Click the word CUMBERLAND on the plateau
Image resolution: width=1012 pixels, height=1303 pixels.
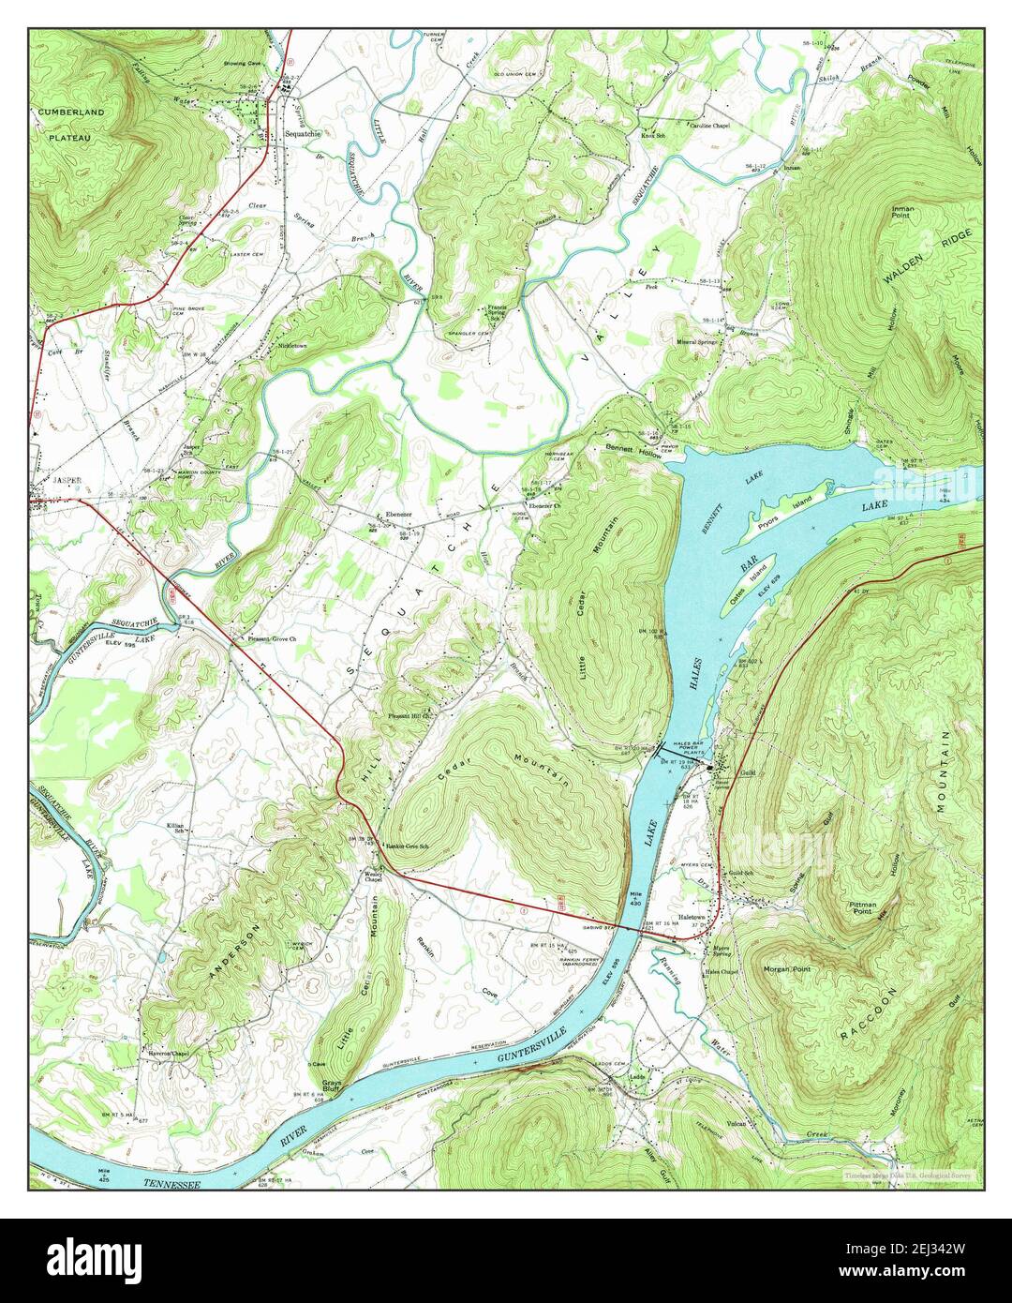[x=72, y=112]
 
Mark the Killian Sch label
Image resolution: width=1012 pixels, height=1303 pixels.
[x=175, y=828]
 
